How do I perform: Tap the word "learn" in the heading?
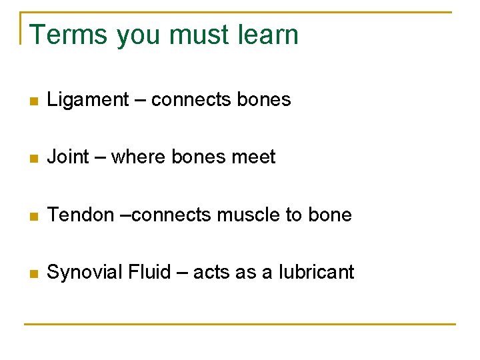(x=265, y=35)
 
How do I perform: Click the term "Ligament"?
(x=88, y=100)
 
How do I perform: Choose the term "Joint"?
(x=68, y=157)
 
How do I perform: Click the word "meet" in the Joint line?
(x=253, y=157)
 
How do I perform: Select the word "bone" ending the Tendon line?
(x=329, y=215)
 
